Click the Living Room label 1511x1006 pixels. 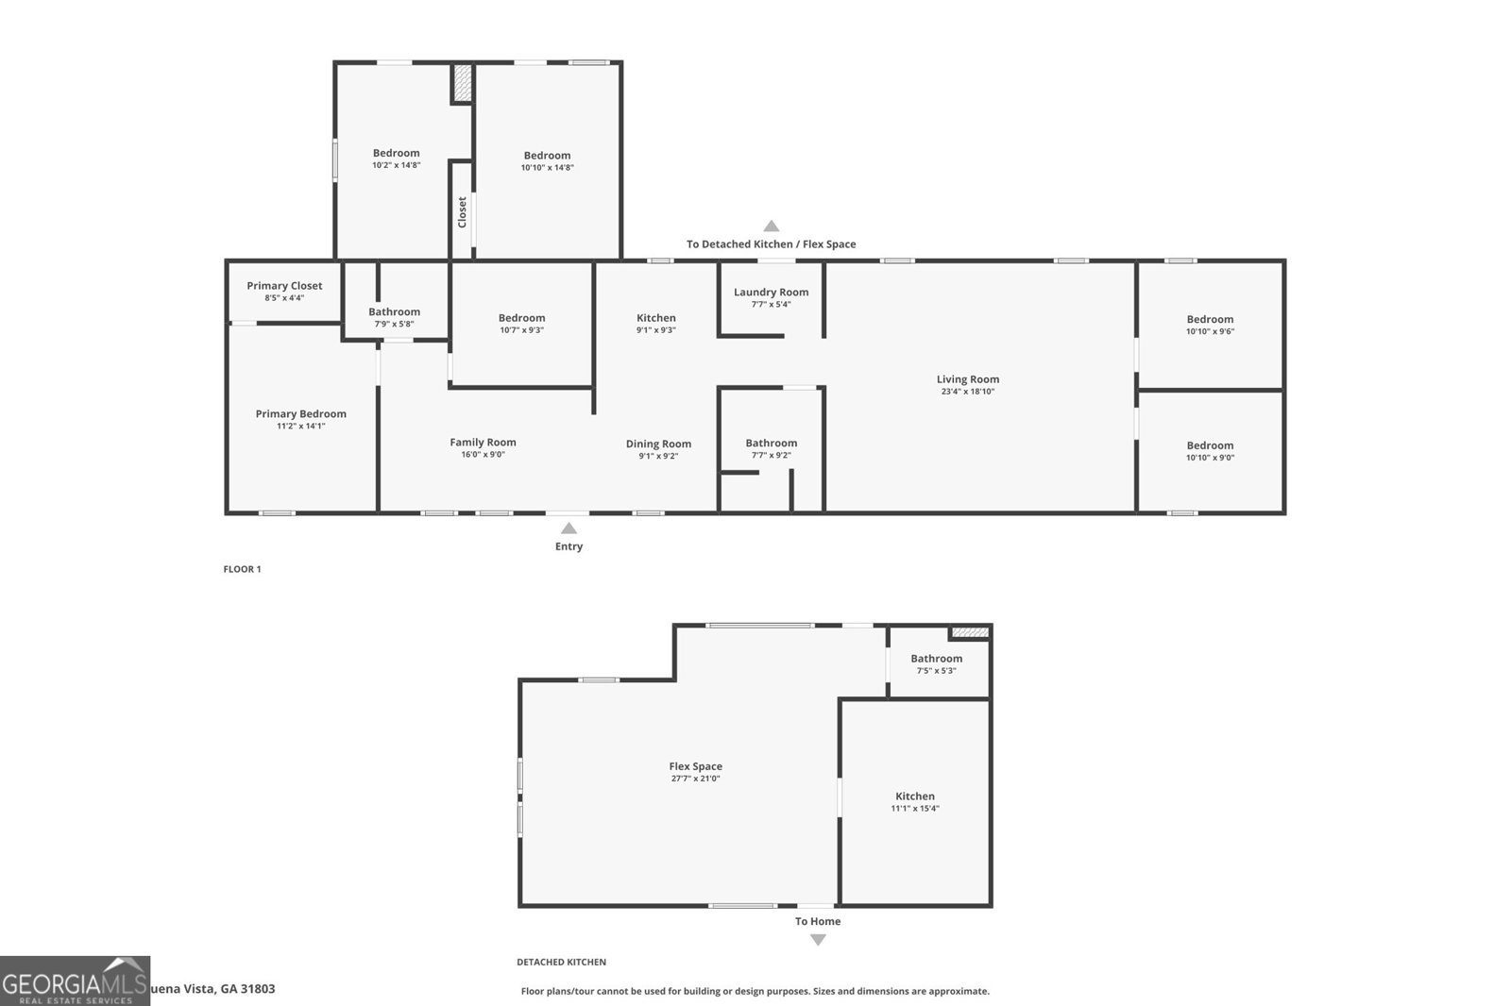(967, 379)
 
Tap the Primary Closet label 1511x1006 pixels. (284, 286)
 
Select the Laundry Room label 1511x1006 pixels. (771, 293)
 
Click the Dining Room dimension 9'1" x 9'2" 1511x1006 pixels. (658, 456)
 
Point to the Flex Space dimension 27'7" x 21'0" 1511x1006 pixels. (695, 779)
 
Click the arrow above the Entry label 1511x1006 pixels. (569, 528)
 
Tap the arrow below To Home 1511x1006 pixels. (818, 939)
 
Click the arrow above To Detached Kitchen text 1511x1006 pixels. (772, 226)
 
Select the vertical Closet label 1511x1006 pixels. (462, 211)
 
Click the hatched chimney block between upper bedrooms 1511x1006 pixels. (462, 82)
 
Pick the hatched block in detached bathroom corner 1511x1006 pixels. (969, 632)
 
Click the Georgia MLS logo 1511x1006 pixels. (75, 981)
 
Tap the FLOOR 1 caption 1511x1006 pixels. (242, 569)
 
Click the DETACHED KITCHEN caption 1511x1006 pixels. (561, 962)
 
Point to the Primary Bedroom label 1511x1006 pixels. (300, 413)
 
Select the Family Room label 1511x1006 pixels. (483, 442)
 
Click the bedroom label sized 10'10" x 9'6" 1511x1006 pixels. (1210, 319)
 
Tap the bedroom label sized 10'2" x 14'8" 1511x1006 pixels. (396, 153)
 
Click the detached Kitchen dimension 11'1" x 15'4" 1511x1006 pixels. (915, 808)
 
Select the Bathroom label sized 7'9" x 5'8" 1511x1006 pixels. (394, 311)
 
